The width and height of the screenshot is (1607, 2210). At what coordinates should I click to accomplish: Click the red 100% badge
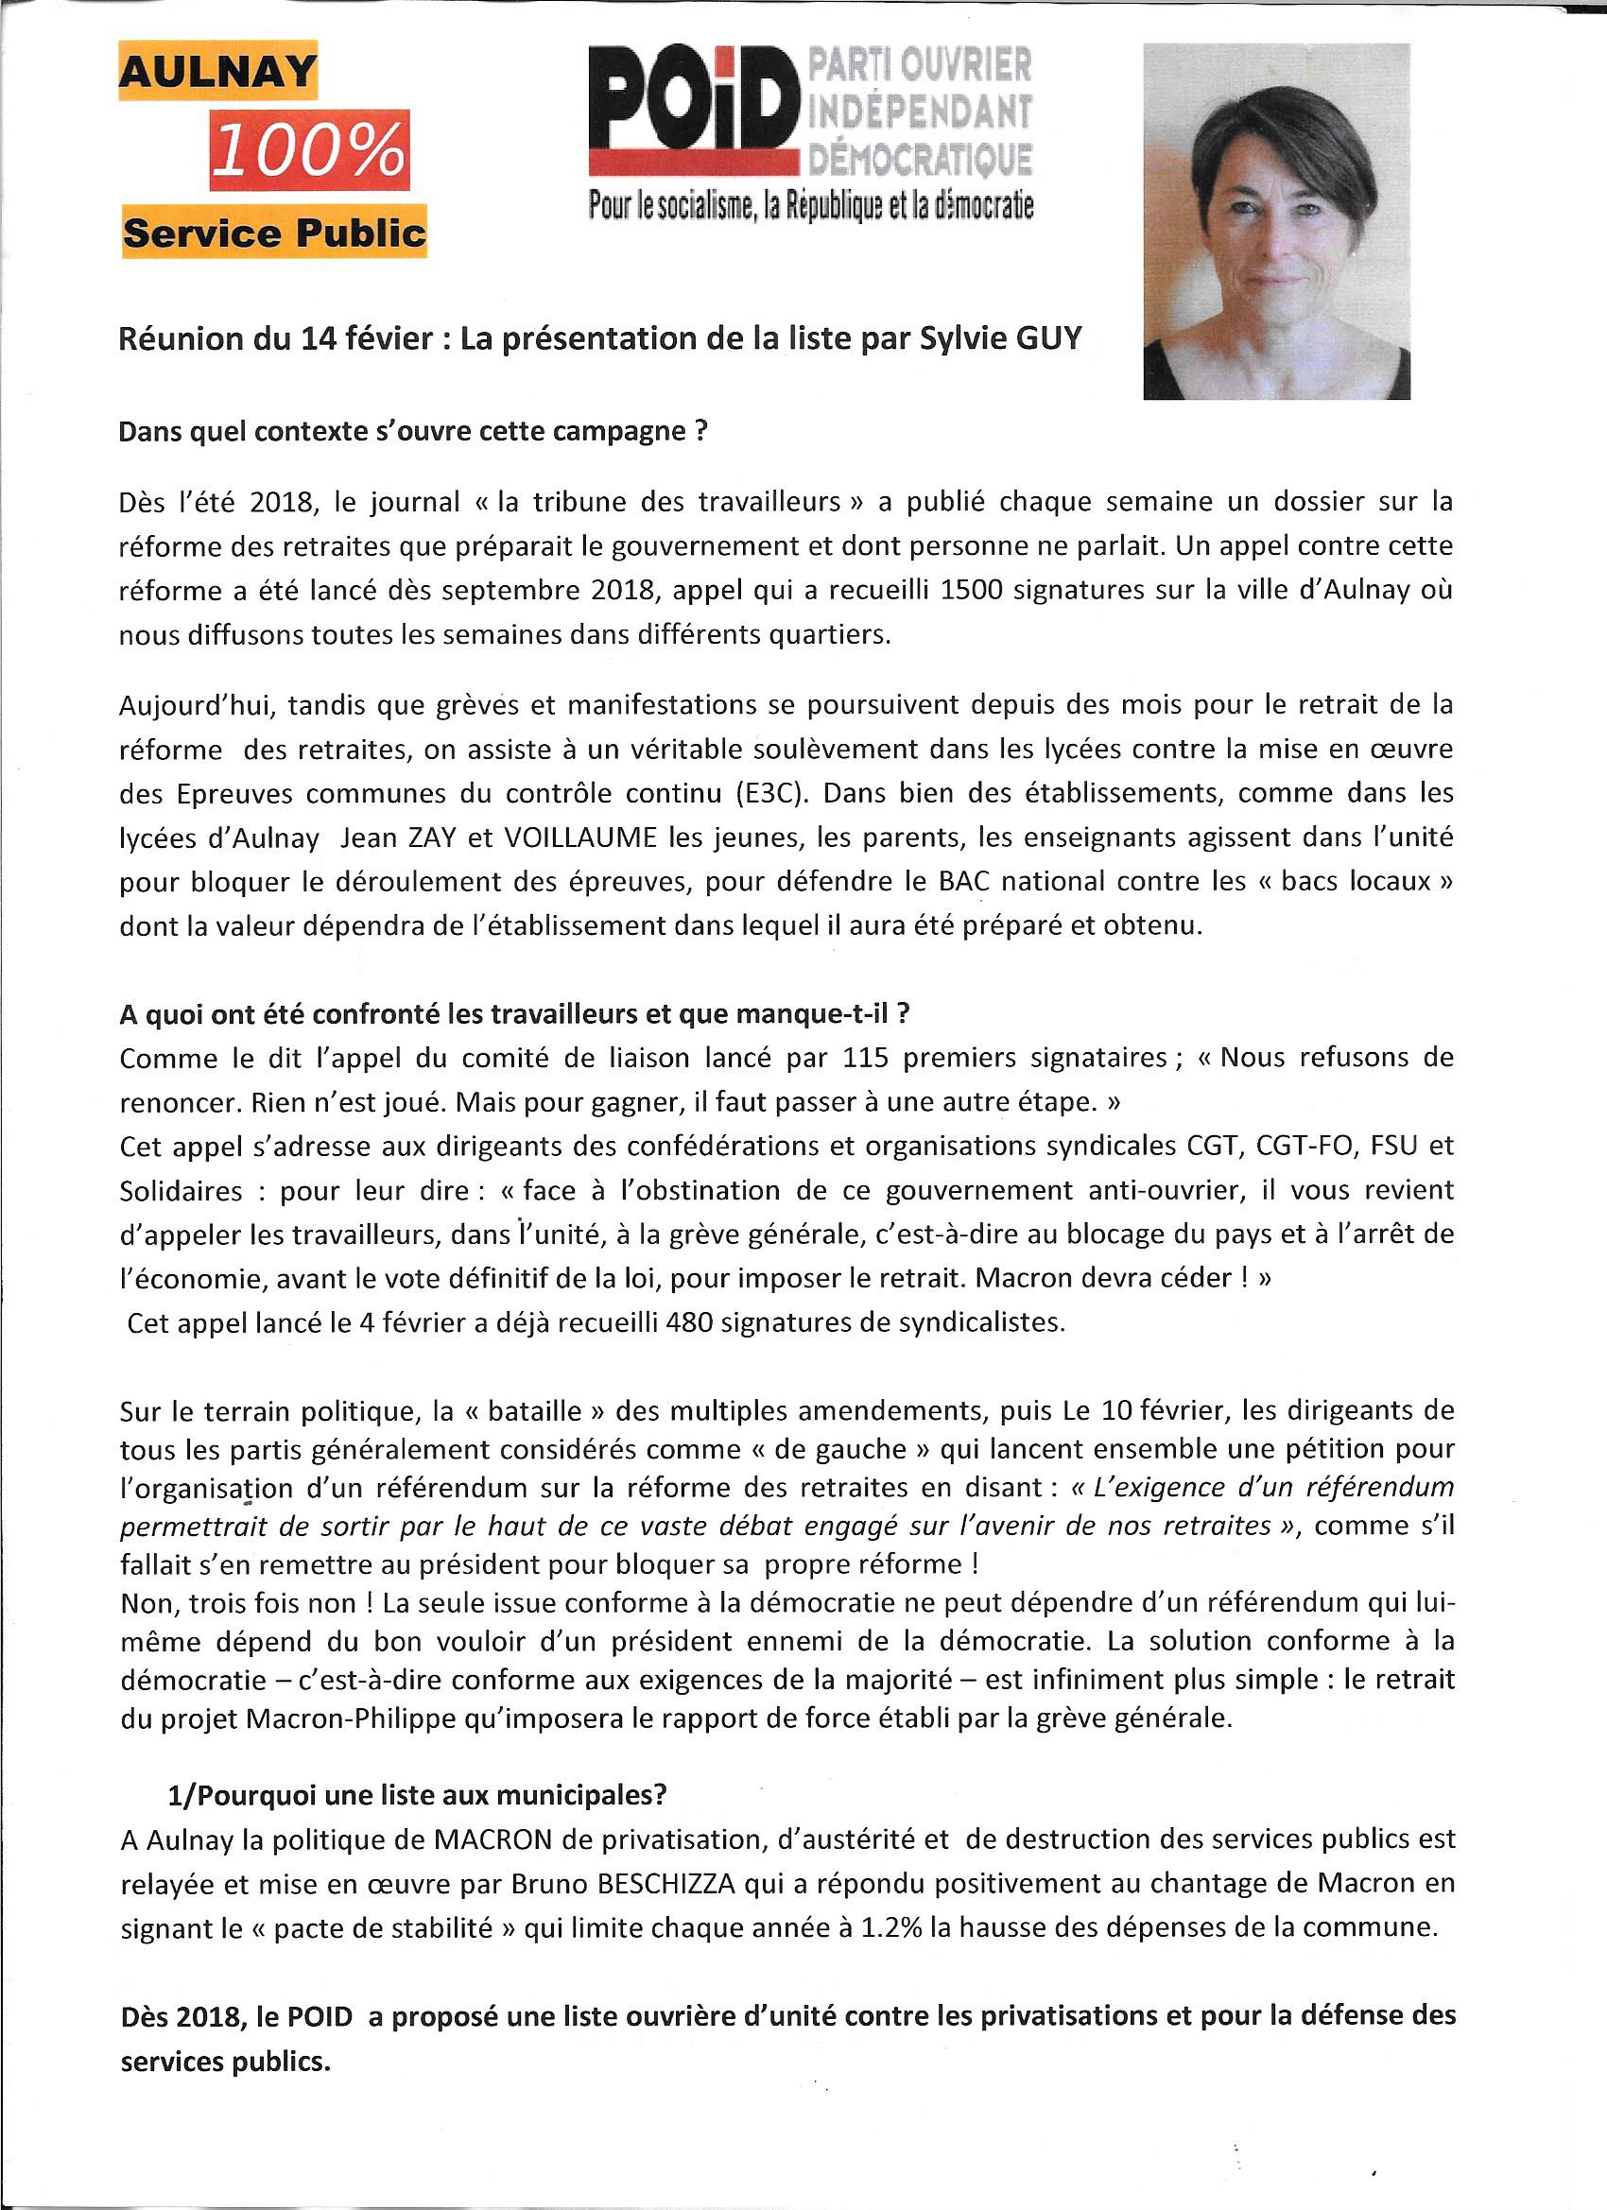309,150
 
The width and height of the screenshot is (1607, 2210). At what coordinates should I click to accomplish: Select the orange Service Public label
274,233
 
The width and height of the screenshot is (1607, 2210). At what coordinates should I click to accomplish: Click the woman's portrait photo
1277,221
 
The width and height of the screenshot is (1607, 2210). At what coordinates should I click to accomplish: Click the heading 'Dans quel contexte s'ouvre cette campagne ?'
412,432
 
